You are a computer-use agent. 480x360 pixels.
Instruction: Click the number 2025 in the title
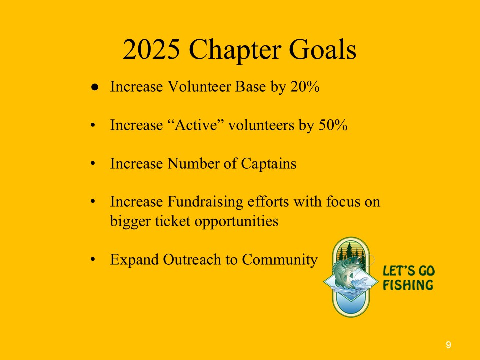click(151, 49)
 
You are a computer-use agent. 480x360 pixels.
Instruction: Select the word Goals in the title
click(323, 49)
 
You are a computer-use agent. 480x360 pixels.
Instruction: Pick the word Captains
click(269, 164)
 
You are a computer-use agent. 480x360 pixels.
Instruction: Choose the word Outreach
click(192, 260)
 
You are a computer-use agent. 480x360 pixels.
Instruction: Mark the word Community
click(280, 260)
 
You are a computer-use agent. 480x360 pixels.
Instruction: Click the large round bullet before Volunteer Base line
click(95, 87)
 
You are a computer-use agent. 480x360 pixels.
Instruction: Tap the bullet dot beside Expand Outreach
click(93, 260)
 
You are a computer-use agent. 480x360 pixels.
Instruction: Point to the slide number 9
click(448, 345)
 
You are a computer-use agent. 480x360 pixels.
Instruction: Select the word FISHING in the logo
click(408, 285)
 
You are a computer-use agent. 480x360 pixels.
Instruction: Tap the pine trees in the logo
click(351, 252)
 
